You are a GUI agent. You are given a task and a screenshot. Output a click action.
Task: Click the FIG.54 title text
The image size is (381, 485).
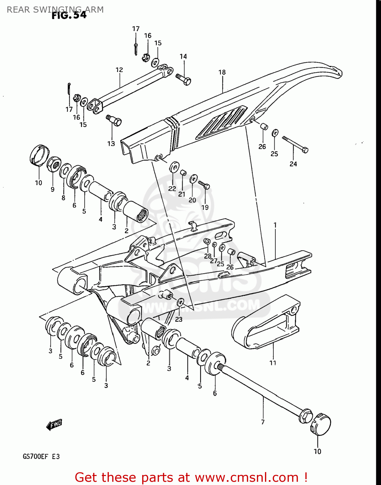tap(69, 15)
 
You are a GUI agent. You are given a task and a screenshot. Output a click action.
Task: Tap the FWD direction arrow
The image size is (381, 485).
tap(54, 425)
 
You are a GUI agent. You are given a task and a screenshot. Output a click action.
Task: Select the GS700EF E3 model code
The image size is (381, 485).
tap(41, 457)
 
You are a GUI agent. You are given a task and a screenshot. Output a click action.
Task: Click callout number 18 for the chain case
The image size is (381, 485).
tap(222, 72)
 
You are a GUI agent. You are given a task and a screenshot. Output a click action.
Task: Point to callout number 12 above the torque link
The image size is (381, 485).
tap(119, 70)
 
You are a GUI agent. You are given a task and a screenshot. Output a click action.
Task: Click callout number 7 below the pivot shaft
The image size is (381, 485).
tap(263, 422)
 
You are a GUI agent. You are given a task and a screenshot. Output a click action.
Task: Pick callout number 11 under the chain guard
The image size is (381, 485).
tap(273, 363)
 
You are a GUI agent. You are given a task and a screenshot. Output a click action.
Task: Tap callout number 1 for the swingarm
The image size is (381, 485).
tap(275, 225)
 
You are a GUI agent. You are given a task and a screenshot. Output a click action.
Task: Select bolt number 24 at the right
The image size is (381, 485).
tap(295, 144)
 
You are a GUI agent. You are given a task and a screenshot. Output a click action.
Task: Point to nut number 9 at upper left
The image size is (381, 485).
tap(53, 165)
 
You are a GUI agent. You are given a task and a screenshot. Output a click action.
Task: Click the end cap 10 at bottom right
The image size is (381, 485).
tap(321, 424)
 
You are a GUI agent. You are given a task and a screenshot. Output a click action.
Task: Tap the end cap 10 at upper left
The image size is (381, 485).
tap(39, 155)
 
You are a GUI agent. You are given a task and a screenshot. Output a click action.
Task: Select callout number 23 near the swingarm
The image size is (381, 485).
tap(179, 319)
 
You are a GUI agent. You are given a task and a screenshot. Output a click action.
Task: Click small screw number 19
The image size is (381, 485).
tap(204, 185)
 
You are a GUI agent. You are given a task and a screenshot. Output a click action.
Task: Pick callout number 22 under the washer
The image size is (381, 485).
tap(172, 189)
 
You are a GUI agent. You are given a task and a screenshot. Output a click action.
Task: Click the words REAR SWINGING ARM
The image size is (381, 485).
tap(55, 10)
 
